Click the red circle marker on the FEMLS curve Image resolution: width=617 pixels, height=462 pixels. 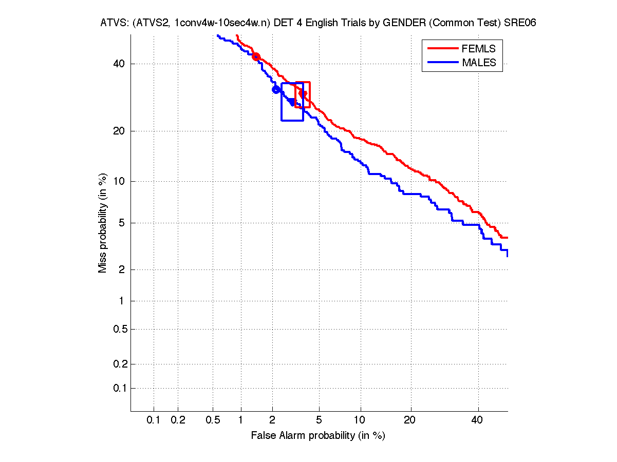[256, 57]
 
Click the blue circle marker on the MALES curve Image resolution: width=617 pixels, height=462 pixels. [276, 90]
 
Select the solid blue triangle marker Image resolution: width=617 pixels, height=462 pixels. [292, 102]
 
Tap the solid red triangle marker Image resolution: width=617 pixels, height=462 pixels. [304, 94]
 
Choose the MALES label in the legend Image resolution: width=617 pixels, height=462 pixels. [479, 63]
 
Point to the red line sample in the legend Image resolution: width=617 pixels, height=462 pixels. [442, 49]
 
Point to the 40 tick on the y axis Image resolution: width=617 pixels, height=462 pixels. [119, 64]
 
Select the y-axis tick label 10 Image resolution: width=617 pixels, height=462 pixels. [119, 181]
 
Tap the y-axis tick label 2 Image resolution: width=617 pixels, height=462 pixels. [121, 270]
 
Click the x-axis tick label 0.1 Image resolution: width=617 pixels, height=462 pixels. [154, 420]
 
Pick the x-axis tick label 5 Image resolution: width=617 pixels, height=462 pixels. [319, 420]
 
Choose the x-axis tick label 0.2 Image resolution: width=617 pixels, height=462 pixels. [178, 420]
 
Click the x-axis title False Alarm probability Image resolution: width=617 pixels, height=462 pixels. [318, 436]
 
